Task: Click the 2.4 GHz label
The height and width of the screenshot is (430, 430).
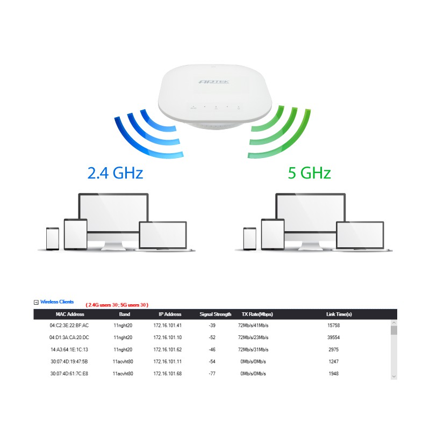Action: [x=115, y=173]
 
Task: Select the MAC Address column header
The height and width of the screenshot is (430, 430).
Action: [x=69, y=314]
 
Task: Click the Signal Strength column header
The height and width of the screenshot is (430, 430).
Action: [x=215, y=314]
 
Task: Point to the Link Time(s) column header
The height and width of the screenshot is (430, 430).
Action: [x=339, y=314]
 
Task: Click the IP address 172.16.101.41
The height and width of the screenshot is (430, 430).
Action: [x=167, y=326]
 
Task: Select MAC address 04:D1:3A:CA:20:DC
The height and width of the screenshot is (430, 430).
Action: [x=69, y=338]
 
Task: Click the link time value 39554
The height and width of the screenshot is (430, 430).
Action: [x=333, y=338]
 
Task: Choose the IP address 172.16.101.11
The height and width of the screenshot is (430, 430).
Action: [x=167, y=362]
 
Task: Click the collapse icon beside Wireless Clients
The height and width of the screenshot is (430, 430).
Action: [x=36, y=303]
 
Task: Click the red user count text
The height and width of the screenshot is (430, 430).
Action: [x=117, y=305]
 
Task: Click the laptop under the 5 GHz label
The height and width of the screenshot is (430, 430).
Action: [x=360, y=236]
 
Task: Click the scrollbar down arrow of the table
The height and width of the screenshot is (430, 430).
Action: [x=393, y=376]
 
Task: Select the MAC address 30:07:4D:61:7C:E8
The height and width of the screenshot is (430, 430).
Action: [x=69, y=374]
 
